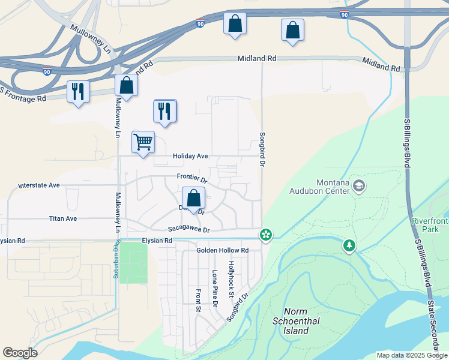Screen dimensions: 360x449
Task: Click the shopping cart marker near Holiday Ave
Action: [x=143, y=143]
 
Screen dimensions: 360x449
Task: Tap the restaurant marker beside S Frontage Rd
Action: [x=78, y=92]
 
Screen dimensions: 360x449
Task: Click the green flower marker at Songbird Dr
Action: [x=265, y=235]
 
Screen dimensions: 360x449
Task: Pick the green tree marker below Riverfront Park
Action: [x=349, y=245]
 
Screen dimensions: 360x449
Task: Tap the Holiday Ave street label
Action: [x=190, y=156]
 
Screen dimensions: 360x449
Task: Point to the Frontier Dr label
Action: [x=192, y=179]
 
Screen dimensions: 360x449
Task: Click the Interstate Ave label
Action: [x=39, y=185]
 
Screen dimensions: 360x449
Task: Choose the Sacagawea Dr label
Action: [x=188, y=229]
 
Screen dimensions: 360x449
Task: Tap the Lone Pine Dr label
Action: [x=214, y=289]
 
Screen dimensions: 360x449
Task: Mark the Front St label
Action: [x=197, y=301]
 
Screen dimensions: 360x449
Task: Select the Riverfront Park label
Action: [x=430, y=225]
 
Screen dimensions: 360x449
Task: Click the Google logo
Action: [x=20, y=353]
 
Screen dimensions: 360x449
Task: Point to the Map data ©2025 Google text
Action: [x=411, y=355]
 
